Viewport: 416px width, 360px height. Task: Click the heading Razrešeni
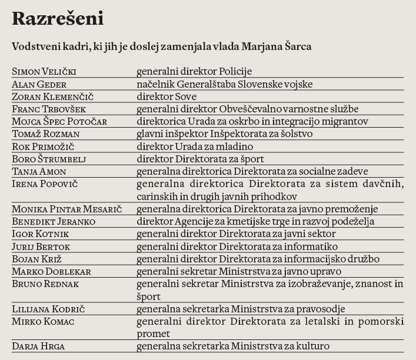(58, 19)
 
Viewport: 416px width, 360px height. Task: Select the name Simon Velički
(44, 72)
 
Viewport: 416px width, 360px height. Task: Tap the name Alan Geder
(39, 84)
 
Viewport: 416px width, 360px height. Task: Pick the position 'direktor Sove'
(167, 96)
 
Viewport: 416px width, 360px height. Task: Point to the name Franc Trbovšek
(50, 109)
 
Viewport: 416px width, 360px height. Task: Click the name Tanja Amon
(39, 171)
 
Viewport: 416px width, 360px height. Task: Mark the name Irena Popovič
(45, 184)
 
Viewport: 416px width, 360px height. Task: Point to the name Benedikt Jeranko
(54, 222)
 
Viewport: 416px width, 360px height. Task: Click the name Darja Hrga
(38, 346)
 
